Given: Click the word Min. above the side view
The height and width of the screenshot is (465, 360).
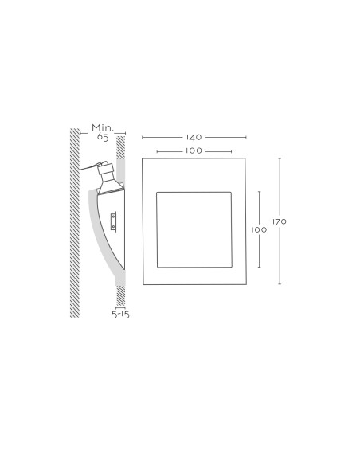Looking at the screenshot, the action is [x=103, y=128].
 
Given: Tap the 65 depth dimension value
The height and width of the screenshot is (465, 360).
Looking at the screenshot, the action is [x=103, y=137].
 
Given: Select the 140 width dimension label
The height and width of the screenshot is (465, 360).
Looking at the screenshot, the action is [x=194, y=137].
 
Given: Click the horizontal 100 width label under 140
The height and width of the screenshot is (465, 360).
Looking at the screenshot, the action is [x=194, y=150].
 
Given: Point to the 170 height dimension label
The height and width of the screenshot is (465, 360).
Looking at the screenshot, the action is [x=280, y=221].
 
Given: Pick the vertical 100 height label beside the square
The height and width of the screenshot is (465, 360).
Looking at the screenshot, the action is [x=259, y=229].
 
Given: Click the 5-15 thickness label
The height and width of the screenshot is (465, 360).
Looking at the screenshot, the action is [x=121, y=315].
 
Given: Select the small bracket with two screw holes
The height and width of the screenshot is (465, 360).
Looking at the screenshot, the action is [x=113, y=221].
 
